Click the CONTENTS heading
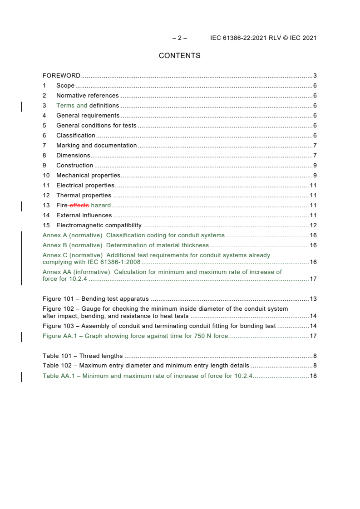click(x=179, y=56)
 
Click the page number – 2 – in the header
click(x=179, y=38)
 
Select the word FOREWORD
click(x=61, y=76)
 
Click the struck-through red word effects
click(x=79, y=206)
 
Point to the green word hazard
click(x=101, y=206)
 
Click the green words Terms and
click(x=72, y=106)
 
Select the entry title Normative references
click(x=88, y=96)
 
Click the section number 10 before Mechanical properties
click(x=46, y=176)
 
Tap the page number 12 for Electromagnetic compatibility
click(x=313, y=225)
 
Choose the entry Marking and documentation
click(x=96, y=146)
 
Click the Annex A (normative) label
click(x=72, y=235)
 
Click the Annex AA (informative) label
click(x=76, y=272)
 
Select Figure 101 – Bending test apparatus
click(x=95, y=299)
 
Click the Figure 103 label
click(x=58, y=326)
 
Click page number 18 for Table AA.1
click(x=313, y=376)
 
